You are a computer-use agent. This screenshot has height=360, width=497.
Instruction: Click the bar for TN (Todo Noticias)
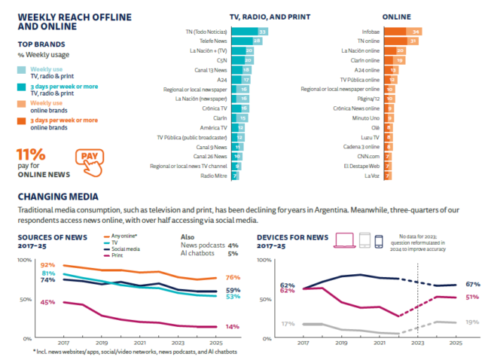[250, 32]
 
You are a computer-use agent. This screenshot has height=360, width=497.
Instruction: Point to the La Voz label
[370, 175]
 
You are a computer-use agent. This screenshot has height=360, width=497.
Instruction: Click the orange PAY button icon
[88, 160]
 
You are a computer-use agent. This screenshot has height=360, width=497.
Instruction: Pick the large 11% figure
[32, 154]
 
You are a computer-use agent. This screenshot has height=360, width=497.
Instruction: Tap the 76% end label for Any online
[233, 278]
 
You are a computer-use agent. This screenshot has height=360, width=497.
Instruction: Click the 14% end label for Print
[233, 327]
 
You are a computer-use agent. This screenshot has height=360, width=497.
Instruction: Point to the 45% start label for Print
[47, 302]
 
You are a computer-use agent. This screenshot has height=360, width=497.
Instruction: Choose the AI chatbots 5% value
[233, 254]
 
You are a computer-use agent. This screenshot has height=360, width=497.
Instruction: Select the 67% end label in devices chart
[474, 284]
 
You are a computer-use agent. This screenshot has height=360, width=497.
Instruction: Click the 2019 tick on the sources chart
[102, 341]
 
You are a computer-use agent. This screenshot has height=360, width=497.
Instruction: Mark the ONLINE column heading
[396, 16]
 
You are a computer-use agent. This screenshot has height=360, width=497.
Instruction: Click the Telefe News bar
[247, 41]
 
